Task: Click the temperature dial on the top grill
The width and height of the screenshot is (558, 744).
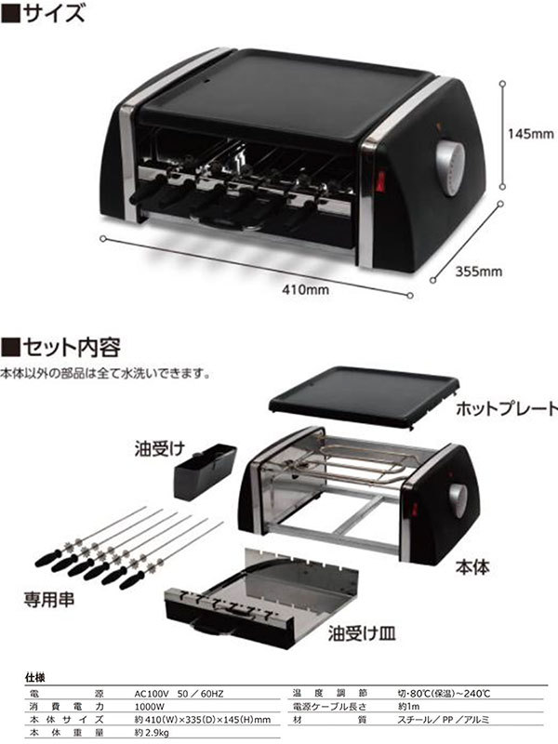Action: tap(450, 167)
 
